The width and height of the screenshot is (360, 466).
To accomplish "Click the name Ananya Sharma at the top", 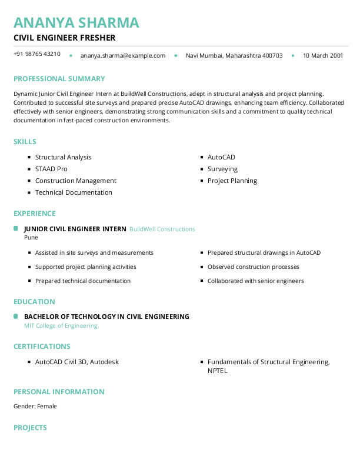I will (76, 22).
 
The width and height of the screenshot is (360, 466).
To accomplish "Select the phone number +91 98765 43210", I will (36, 54).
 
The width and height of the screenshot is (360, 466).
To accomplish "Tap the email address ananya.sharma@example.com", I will (123, 55).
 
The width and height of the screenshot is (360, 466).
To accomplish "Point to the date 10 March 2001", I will (322, 55).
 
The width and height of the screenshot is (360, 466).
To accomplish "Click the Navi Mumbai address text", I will (234, 55).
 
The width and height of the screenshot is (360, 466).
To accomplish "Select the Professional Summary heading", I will (59, 79).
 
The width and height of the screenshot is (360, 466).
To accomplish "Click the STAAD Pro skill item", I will (51, 169).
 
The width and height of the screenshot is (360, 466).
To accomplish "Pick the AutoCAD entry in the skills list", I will (221, 157).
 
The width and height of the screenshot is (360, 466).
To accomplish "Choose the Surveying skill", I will (222, 169).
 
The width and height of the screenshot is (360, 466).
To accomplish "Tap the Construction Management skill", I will (76, 181).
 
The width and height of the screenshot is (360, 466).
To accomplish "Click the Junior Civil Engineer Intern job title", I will (75, 229).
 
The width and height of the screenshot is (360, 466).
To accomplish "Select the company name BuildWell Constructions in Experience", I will (162, 229).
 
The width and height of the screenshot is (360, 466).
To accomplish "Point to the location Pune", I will (31, 238).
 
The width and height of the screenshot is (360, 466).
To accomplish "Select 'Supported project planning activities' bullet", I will (85, 267).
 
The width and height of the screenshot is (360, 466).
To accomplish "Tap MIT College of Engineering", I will (61, 325).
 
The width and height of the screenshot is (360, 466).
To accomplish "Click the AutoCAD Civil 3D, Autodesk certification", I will (76, 362).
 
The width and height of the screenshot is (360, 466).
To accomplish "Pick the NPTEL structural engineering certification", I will (268, 366).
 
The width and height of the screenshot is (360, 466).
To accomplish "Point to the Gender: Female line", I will (35, 406).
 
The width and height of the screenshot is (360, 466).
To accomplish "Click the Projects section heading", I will (30, 428).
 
